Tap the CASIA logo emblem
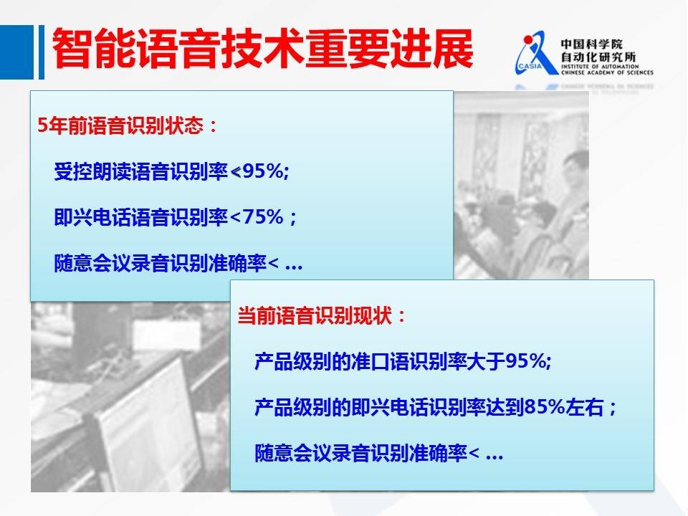(535, 54)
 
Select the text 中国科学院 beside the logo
(591, 44)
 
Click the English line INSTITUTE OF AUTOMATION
(600, 67)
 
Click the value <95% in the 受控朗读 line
(259, 171)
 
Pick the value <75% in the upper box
(257, 216)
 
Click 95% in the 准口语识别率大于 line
(528, 361)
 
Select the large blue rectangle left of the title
(16, 52)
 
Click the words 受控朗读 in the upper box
(92, 171)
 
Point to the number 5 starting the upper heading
(42, 126)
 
